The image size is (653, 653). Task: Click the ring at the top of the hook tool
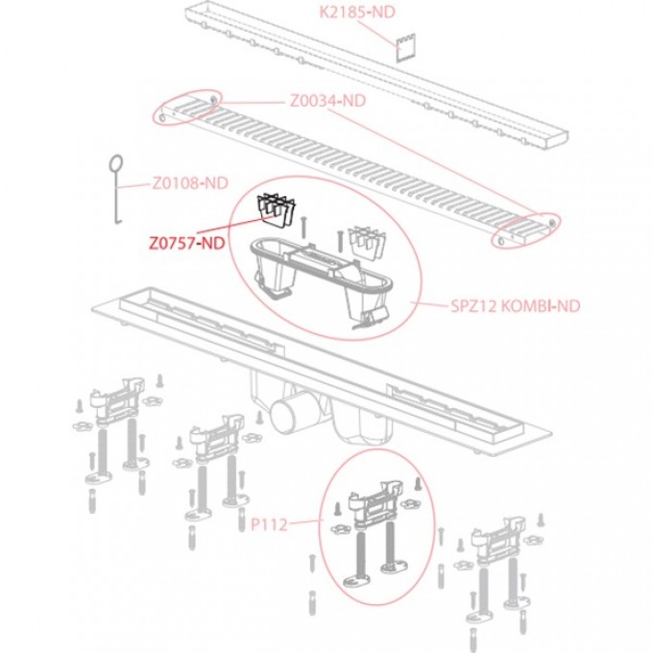116,164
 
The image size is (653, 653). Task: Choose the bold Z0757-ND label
186,244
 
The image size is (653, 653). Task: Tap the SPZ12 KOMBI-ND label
501,307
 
